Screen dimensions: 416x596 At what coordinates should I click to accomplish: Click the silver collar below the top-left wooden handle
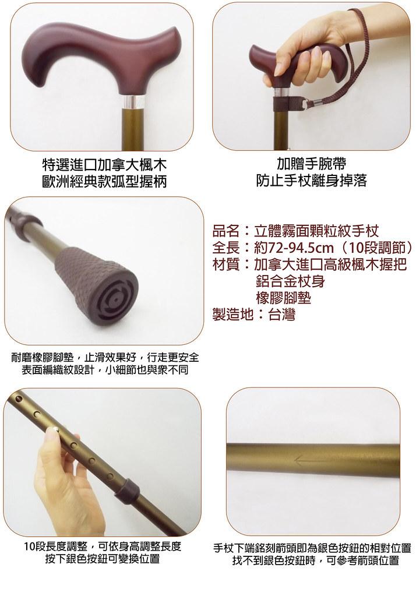coord(135,101)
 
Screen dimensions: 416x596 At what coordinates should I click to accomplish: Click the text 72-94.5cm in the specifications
coord(295,248)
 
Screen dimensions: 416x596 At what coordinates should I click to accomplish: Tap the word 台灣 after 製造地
coord(281,315)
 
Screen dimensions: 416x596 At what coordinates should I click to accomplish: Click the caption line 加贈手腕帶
coord(312,164)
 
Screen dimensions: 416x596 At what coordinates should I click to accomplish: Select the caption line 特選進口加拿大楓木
coord(104,165)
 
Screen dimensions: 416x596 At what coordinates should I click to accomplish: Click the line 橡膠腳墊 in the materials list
coord(283,298)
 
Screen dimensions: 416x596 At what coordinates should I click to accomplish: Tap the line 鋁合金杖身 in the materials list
coord(290,281)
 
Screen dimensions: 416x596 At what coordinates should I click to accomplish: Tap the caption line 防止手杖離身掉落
coord(312,181)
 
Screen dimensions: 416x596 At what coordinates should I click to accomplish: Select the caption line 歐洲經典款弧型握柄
coord(104,181)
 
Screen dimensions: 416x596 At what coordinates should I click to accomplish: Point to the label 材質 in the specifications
coord(226,265)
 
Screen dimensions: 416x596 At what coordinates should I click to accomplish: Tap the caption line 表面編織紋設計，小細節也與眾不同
coord(104,369)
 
